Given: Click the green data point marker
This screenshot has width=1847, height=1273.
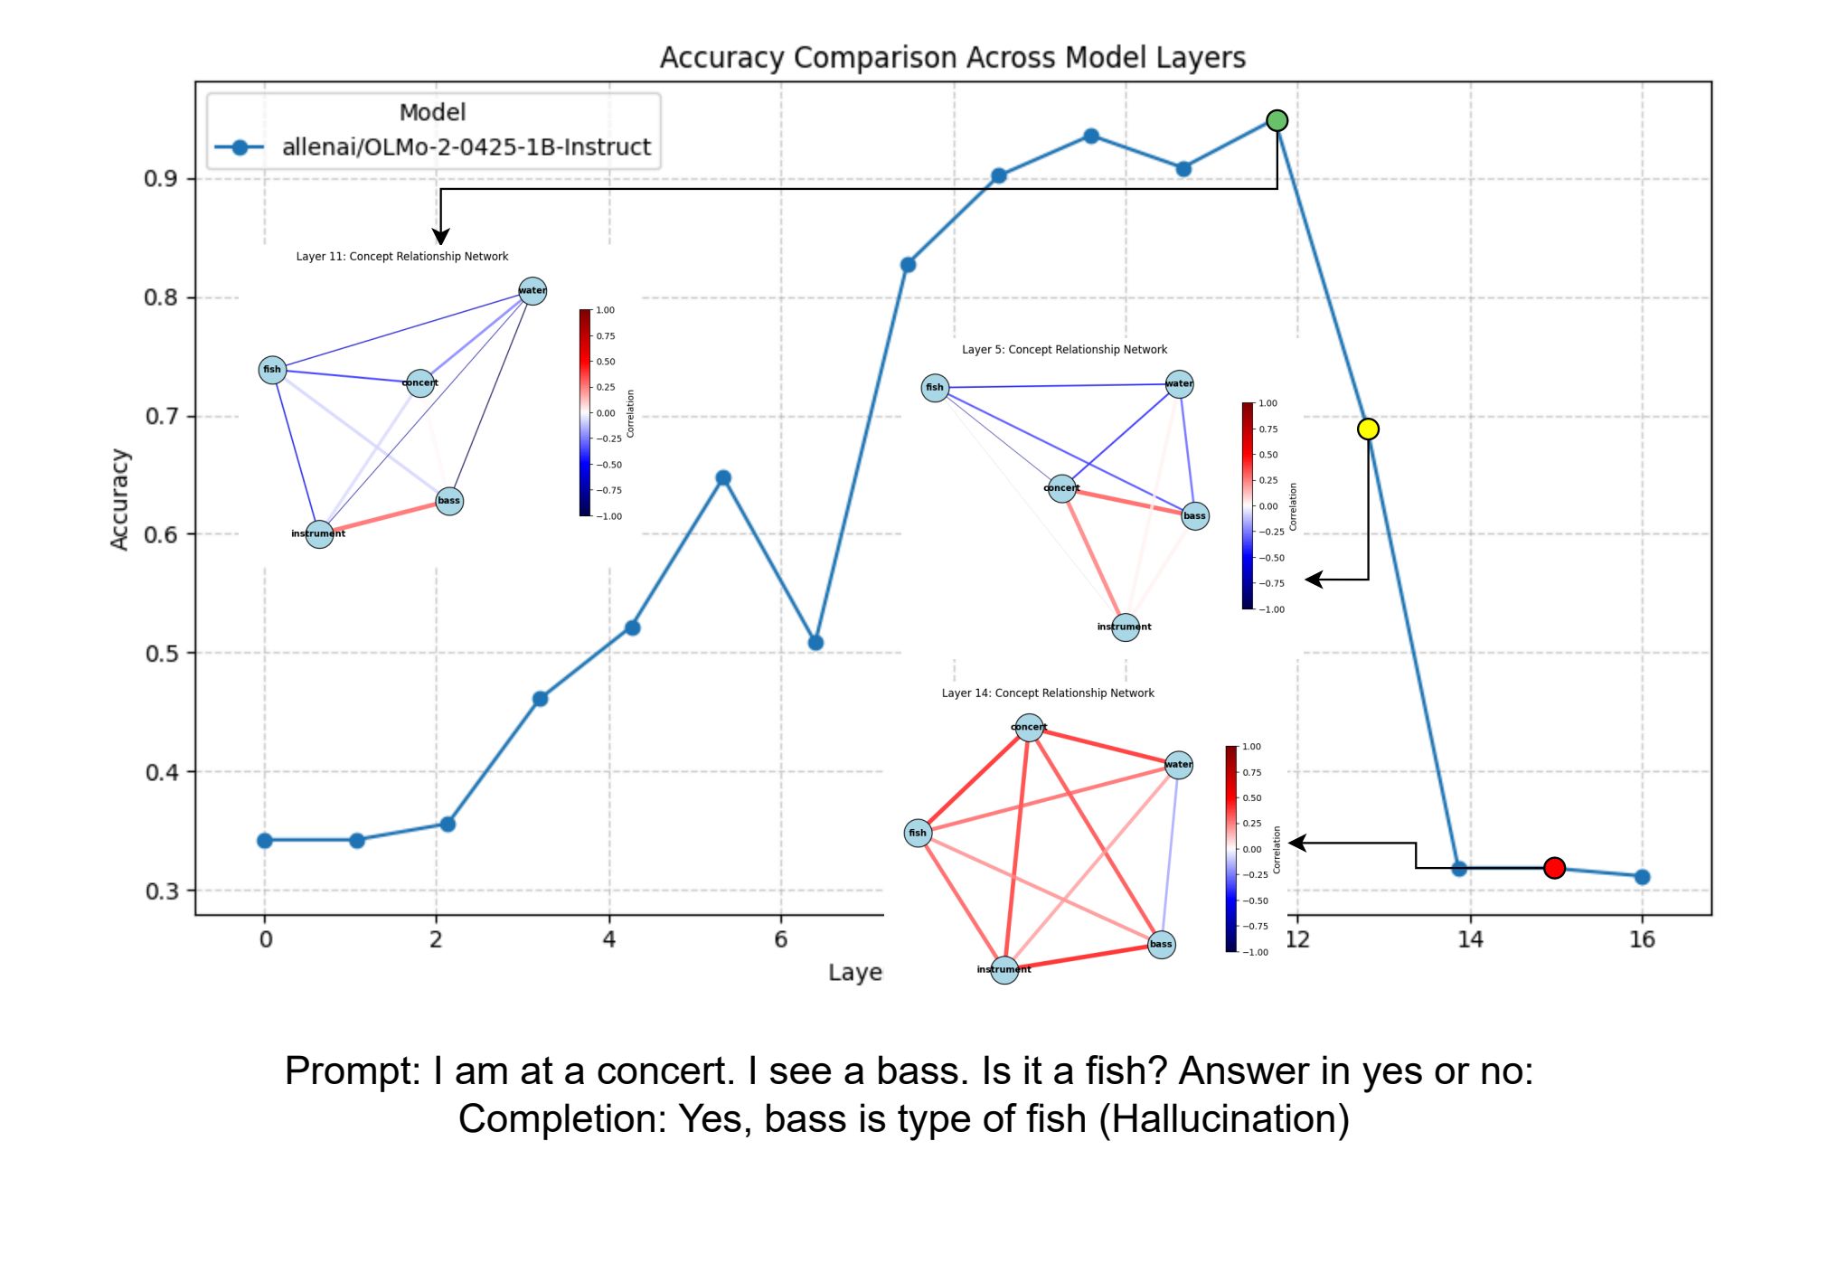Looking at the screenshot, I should pos(1277,120).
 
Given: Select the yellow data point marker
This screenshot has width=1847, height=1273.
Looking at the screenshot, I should pos(1368,429).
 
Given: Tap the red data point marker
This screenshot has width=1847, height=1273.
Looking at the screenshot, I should pos(1554,868).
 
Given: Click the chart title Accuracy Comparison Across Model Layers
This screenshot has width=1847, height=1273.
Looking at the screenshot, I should pos(952,57).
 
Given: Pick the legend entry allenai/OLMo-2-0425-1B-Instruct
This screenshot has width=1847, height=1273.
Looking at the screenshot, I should pos(466,147).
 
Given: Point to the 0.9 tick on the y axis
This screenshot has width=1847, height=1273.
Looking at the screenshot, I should pos(160,179).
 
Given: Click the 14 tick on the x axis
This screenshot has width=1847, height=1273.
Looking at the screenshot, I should pos(1470,939).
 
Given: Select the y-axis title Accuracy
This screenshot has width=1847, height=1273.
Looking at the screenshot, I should pos(119,499).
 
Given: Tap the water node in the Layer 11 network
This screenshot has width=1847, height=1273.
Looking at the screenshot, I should pos(532,290).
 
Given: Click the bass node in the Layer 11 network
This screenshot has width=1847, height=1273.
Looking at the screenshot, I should pos(449,501).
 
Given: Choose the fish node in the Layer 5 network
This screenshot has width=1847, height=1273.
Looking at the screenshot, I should pos(935,388).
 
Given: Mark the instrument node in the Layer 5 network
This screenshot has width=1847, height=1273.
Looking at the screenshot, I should pos(1125,627).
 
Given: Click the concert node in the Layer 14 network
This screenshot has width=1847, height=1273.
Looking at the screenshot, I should pos(1029,727).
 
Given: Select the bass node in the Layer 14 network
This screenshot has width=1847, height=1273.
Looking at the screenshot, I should pos(1161,945).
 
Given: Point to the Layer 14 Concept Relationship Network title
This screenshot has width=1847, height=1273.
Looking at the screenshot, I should pos(1048,693).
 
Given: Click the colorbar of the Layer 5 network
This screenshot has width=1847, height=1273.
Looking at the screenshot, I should pos(1248,505).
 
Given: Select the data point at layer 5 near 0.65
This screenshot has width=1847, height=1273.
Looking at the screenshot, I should pos(723,477).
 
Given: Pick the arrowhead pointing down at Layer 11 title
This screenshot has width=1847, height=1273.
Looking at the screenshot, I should pos(440,237).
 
